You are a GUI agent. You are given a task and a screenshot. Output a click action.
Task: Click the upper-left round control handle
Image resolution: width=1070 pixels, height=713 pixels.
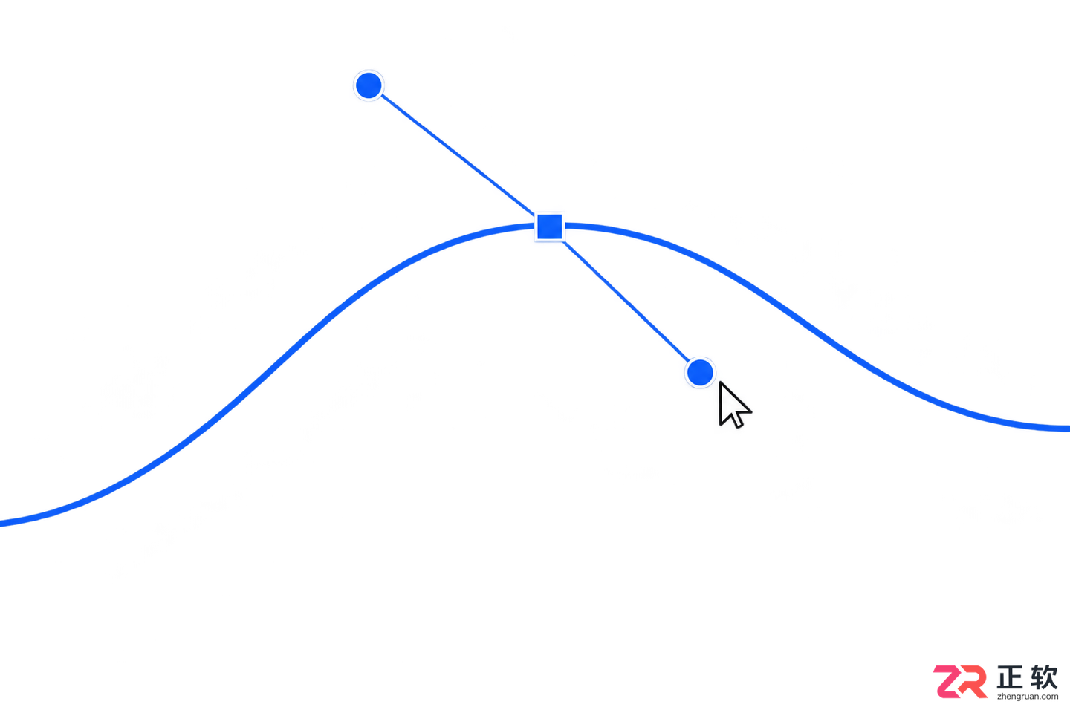click(369, 85)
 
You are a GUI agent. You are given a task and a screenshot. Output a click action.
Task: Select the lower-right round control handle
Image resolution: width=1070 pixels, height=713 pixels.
click(700, 373)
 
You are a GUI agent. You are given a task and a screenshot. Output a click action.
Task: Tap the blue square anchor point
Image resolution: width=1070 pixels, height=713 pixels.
click(549, 227)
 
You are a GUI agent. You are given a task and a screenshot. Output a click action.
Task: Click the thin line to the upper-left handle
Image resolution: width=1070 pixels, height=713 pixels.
click(458, 154)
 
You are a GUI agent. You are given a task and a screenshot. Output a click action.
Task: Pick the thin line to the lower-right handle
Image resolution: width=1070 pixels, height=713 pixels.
click(626, 301)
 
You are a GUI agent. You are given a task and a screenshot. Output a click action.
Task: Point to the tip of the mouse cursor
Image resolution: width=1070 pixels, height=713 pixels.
click(720, 382)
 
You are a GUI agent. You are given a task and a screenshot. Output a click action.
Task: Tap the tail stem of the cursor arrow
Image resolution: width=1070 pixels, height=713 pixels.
click(738, 420)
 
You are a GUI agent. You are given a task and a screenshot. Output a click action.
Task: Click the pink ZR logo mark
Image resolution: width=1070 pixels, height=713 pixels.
click(960, 682)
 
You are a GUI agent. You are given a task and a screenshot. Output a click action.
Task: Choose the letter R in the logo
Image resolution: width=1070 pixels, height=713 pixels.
click(973, 682)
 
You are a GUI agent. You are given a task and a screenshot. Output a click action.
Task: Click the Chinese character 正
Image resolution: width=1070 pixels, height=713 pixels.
click(1012, 677)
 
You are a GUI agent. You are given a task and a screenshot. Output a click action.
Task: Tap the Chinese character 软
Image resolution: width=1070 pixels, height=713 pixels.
click(1044, 677)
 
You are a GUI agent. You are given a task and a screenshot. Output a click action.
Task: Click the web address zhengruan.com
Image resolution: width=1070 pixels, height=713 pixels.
click(1028, 697)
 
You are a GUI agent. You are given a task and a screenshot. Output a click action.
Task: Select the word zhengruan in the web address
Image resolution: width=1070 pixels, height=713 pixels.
click(1019, 697)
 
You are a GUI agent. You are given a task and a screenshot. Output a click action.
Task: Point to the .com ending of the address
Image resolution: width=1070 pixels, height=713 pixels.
click(1051, 697)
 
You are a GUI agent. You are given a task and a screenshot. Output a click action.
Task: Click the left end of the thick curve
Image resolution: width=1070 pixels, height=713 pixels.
click(1, 524)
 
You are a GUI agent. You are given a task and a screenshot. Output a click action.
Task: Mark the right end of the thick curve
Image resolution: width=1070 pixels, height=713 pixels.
click(1068, 429)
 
